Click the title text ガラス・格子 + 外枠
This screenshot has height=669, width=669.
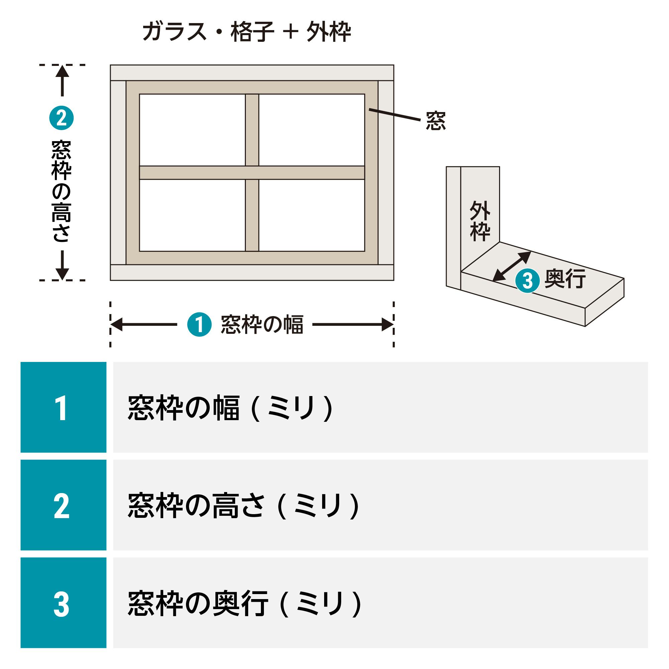[x=247, y=32]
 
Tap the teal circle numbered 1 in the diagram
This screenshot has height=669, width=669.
[x=199, y=324]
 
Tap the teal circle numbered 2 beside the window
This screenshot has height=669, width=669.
[x=62, y=118]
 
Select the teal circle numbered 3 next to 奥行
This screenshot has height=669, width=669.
[x=527, y=281]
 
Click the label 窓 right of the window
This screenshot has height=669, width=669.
[x=436, y=121]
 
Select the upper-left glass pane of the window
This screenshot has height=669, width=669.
[x=192, y=130]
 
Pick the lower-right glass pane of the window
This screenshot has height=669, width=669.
[x=312, y=215]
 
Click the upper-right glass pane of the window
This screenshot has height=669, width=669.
[x=312, y=130]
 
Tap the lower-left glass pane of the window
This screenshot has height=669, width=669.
[x=192, y=215]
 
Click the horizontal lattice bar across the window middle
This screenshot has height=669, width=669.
[x=252, y=173]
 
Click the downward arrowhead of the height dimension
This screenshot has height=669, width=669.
[x=62, y=274]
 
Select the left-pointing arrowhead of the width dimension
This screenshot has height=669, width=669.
[x=116, y=324]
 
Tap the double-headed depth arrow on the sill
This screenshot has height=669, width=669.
[x=511, y=266]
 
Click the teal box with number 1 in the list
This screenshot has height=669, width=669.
[x=63, y=407]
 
